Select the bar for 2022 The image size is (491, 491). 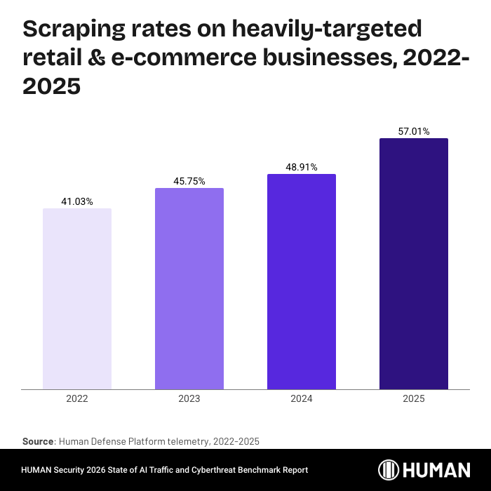pos(77,298)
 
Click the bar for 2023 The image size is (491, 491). pos(189,288)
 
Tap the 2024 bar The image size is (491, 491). pos(302,281)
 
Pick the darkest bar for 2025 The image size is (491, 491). pos(414,263)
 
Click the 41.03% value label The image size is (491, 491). pos(77,202)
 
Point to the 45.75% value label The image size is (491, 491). pos(189,182)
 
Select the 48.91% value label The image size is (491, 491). pos(302,168)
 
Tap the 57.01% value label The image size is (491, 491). pos(414,131)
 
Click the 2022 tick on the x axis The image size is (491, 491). pos(77,398)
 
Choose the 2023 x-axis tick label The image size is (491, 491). pos(189,398)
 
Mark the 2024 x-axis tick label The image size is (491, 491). pos(302,398)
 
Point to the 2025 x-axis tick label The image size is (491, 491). pos(414,398)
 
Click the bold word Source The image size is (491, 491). pos(38,441)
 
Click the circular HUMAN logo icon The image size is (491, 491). pos(389,470)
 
